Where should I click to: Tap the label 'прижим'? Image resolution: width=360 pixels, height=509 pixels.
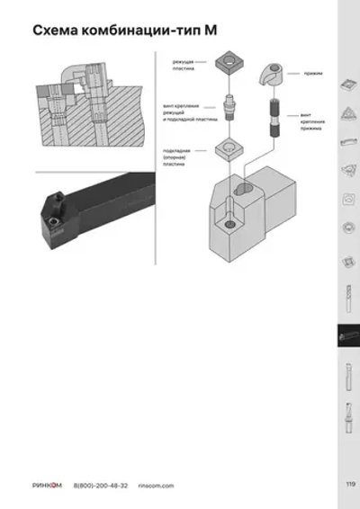[x=315, y=72]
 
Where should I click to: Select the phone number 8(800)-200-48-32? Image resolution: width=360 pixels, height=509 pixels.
[x=100, y=486]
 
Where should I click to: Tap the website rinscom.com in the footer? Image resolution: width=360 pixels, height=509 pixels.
[x=155, y=486]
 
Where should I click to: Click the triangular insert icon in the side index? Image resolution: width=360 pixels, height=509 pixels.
[x=348, y=113]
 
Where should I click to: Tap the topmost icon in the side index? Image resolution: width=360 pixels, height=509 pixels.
[x=348, y=84]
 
